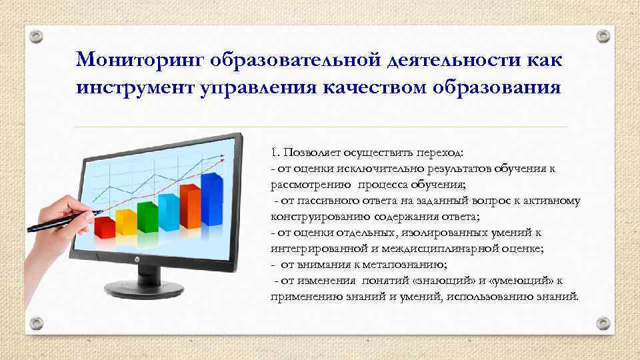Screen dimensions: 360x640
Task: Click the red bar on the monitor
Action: tap(104, 226)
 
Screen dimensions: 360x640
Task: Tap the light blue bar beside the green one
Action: tap(168, 209)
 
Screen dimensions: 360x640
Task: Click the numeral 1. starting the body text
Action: tap(275, 152)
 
